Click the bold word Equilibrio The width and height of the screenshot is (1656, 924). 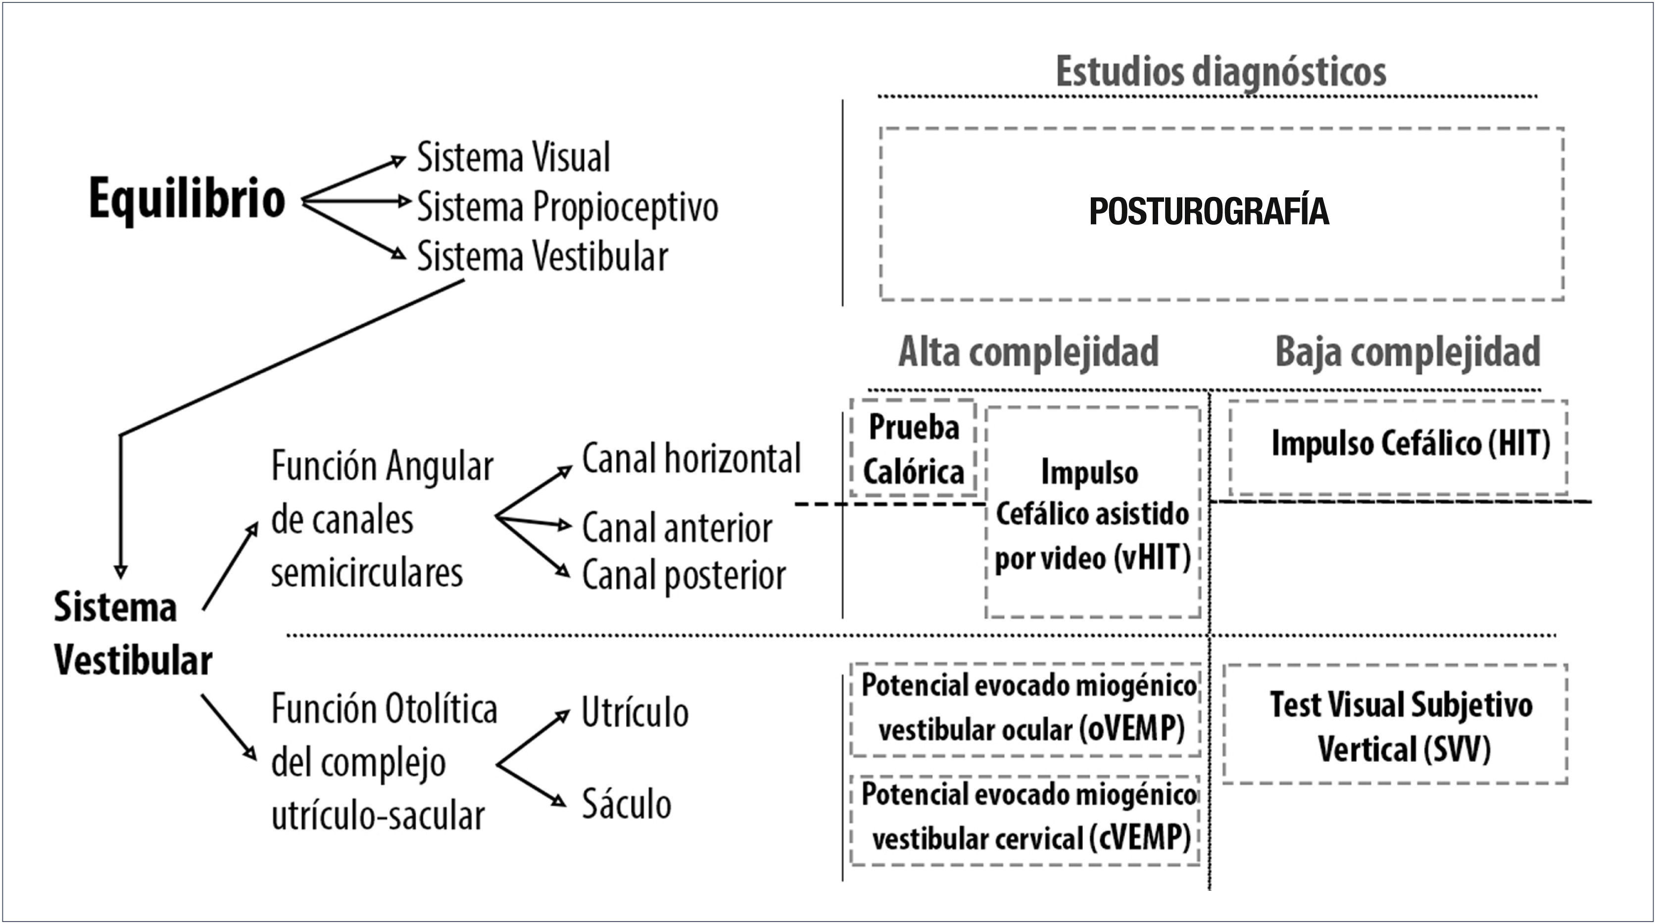coord(187,199)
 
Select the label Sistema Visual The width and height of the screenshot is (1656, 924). coord(513,157)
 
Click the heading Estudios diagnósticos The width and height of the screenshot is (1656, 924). coord(1220,71)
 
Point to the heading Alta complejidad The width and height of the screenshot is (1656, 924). coord(1028,352)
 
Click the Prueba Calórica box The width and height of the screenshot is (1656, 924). coord(914,449)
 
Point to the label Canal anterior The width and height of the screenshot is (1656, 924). coord(676,529)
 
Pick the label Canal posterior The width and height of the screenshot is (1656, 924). coord(683,575)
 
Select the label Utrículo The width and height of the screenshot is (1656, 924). coord(634,713)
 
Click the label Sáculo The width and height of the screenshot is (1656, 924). coord(626,804)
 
